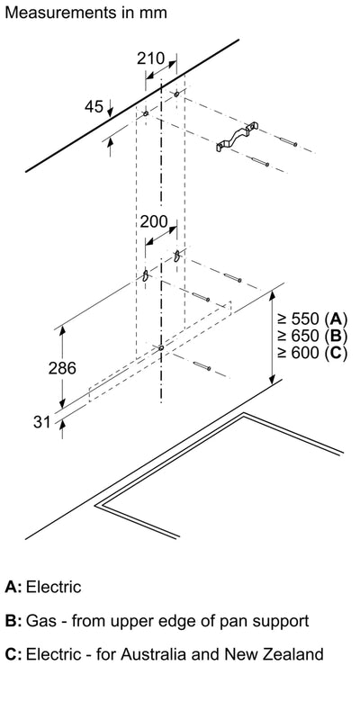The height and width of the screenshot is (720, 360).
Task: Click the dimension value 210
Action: tap(150, 58)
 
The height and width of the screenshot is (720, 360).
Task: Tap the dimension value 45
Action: tap(94, 106)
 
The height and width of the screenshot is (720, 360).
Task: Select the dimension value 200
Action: tap(154, 221)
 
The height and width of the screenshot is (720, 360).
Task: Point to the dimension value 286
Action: tap(62, 367)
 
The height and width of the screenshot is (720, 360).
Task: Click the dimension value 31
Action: tap(41, 421)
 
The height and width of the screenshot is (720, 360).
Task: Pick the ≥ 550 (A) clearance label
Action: tap(311, 319)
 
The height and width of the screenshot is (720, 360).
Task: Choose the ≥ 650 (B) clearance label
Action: tap(311, 336)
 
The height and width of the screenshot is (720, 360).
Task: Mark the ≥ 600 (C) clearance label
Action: tap(311, 352)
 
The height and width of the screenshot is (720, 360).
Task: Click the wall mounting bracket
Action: tap(237, 137)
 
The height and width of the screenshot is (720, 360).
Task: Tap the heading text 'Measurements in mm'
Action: tap(85, 13)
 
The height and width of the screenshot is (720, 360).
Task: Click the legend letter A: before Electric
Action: tap(13, 587)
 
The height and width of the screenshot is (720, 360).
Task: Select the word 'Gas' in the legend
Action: tap(41, 621)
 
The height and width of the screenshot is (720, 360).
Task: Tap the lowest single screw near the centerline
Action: tap(202, 366)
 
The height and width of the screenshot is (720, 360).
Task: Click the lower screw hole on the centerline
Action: tap(161, 348)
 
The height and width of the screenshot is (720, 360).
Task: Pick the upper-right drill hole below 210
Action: tap(176, 94)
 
